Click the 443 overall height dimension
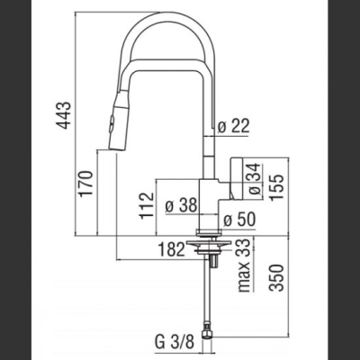65,115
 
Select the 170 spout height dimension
86,184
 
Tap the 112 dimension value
147,205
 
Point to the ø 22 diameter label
233,126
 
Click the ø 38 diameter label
182,206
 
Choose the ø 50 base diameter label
239,220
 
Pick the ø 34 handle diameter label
254,179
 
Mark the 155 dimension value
276,187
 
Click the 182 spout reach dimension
171,249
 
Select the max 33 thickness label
245,265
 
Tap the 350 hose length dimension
276,278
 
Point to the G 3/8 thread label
175,341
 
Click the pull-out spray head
120,123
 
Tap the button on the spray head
112,122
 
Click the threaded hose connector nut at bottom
208,334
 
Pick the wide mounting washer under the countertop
208,242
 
